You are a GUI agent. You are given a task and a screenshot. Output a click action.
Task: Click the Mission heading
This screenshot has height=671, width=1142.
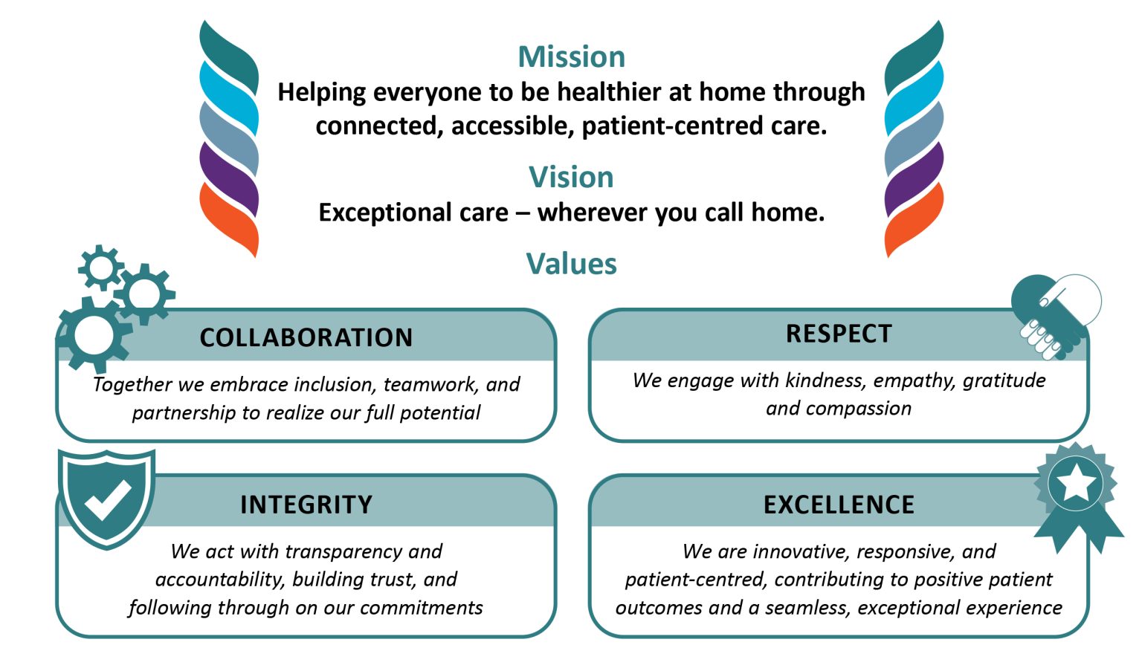[x=571, y=57]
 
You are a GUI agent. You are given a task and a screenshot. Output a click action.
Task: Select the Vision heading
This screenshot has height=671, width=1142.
[x=571, y=178]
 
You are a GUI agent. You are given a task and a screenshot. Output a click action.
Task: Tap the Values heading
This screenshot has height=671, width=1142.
[x=571, y=265]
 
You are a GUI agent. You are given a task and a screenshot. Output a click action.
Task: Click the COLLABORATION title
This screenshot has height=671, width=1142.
[x=306, y=337]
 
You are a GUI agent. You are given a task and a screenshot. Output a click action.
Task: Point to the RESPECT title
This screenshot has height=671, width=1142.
[x=839, y=334]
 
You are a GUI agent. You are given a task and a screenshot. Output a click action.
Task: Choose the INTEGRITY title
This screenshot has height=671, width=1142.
[x=306, y=505]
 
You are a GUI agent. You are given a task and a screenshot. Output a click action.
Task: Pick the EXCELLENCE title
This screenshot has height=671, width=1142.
[x=839, y=505]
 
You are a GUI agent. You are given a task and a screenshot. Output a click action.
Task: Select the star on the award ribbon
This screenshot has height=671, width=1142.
[x=1076, y=484]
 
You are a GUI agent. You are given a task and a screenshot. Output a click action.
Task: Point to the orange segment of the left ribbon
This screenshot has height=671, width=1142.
[x=229, y=215]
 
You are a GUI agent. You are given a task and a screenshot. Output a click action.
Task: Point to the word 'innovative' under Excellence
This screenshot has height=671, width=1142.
[x=801, y=551]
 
